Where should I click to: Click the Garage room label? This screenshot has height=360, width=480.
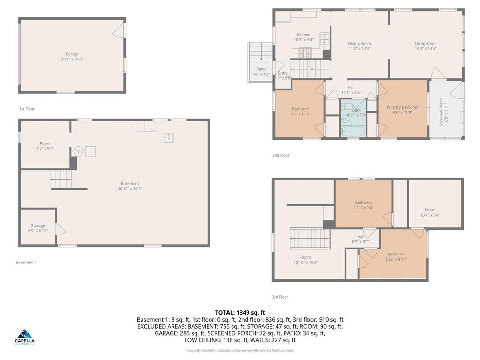(x=72, y=57)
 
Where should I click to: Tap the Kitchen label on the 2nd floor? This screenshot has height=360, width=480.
(x=303, y=37)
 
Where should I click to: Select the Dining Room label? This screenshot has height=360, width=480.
(x=360, y=46)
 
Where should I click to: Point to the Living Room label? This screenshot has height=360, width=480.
(x=425, y=46)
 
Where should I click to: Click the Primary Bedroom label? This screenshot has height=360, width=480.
(x=402, y=110)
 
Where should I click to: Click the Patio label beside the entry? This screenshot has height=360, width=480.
(x=261, y=72)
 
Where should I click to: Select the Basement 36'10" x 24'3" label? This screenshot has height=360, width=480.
(x=130, y=186)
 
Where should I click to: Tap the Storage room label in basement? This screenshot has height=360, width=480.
(x=38, y=228)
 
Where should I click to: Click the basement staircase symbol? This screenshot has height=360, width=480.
(x=61, y=179)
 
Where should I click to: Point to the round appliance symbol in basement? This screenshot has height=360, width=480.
(x=78, y=151)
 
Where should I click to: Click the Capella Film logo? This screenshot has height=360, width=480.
(x=25, y=337)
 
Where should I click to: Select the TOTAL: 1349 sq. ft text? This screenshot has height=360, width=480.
(x=240, y=312)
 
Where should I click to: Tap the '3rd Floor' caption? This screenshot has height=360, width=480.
(x=280, y=297)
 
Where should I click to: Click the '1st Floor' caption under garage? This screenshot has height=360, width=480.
(x=27, y=109)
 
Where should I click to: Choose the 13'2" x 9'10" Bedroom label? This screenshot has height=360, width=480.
(x=396, y=256)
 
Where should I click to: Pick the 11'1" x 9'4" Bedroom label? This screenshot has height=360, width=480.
(x=363, y=205)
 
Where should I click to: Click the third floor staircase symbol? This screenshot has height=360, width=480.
(x=307, y=239)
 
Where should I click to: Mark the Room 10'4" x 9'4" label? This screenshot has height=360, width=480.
(x=430, y=213)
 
